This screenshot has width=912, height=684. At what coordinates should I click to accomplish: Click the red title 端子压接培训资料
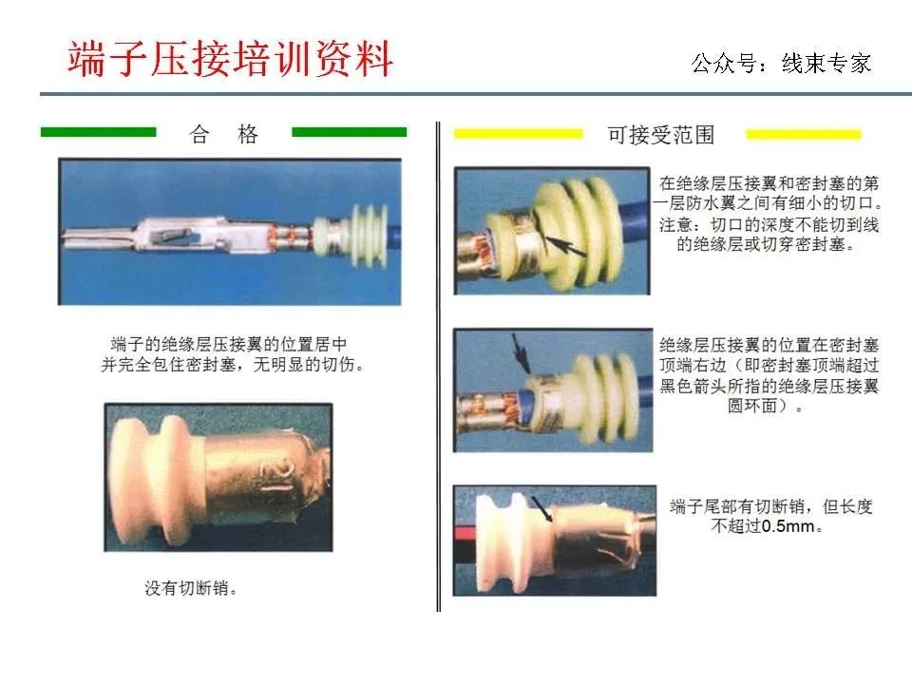(x=230, y=59)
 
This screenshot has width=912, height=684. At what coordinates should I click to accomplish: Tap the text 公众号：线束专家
(x=781, y=64)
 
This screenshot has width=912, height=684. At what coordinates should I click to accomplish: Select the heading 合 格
(x=224, y=134)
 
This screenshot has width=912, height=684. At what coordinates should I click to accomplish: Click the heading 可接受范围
(x=661, y=135)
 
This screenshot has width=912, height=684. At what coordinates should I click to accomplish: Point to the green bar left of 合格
(x=98, y=132)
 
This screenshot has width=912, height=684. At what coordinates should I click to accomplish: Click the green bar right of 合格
(x=349, y=132)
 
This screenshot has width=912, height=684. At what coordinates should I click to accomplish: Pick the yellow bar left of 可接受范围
(x=519, y=134)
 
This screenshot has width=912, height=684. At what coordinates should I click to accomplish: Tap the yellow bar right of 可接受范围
(x=804, y=134)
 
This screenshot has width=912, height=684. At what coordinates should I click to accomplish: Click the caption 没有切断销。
(x=191, y=588)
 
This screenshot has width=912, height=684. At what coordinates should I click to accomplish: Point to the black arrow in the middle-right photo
(x=521, y=352)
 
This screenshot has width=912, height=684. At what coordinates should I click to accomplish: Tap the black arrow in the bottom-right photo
(x=541, y=509)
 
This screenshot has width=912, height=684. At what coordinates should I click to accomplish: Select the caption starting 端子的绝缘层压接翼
(x=232, y=354)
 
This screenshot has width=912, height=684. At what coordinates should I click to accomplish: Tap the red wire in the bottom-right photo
(x=465, y=532)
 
